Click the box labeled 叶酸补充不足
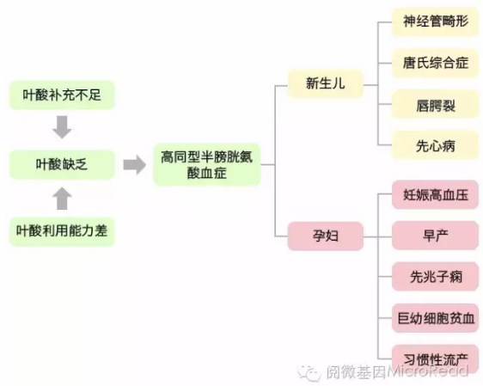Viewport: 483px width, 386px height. [x=62, y=95]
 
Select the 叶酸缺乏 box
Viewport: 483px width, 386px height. [x=62, y=164]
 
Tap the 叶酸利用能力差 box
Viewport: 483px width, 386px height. [x=62, y=231]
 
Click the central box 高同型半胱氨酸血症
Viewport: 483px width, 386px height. [x=207, y=165]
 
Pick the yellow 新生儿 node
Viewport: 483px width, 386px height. [x=325, y=83]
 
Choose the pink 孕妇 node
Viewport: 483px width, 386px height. [x=325, y=236]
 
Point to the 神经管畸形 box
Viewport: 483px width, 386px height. [x=435, y=22]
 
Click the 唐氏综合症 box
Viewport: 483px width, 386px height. [x=435, y=63]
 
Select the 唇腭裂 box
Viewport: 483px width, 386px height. [x=435, y=104]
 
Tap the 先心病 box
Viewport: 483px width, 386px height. [x=435, y=145]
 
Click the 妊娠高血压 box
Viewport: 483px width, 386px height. [x=435, y=194]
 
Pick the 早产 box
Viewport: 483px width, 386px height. [x=435, y=236]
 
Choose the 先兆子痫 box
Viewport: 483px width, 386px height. [x=435, y=277]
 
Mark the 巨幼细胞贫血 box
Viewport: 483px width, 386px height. [x=435, y=318]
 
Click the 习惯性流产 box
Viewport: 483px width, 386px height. [x=435, y=358]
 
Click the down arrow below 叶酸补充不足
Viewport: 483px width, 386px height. [x=62, y=127]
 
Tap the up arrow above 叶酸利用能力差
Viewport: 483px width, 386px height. [x=62, y=199]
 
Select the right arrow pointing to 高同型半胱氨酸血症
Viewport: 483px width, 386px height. [x=135, y=165]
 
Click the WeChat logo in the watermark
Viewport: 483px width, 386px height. [x=309, y=373]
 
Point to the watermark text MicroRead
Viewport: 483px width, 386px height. [x=427, y=371]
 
